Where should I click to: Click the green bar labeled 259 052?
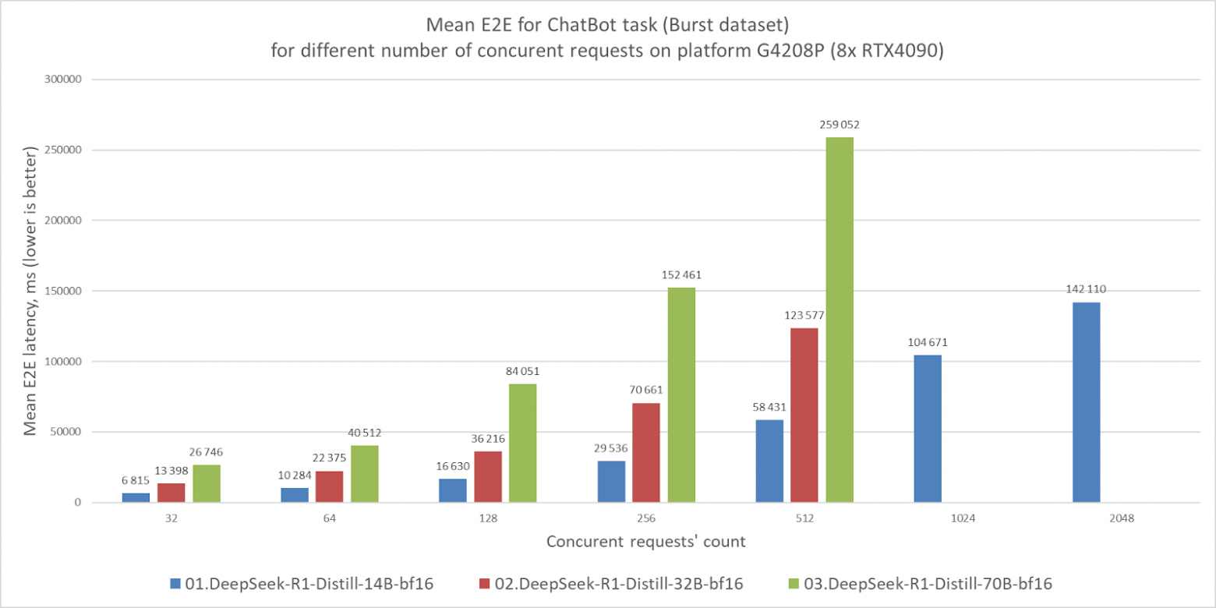pyautogui.click(x=840, y=320)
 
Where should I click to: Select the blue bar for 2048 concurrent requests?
pyautogui.click(x=1086, y=402)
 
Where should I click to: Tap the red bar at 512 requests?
pyautogui.click(x=804, y=415)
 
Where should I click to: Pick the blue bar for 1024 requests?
pyautogui.click(x=927, y=429)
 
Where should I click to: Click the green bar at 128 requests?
pyautogui.click(x=522, y=443)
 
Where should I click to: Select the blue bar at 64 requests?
pyautogui.click(x=294, y=495)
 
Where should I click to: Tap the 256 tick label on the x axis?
pyautogui.click(x=645, y=518)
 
